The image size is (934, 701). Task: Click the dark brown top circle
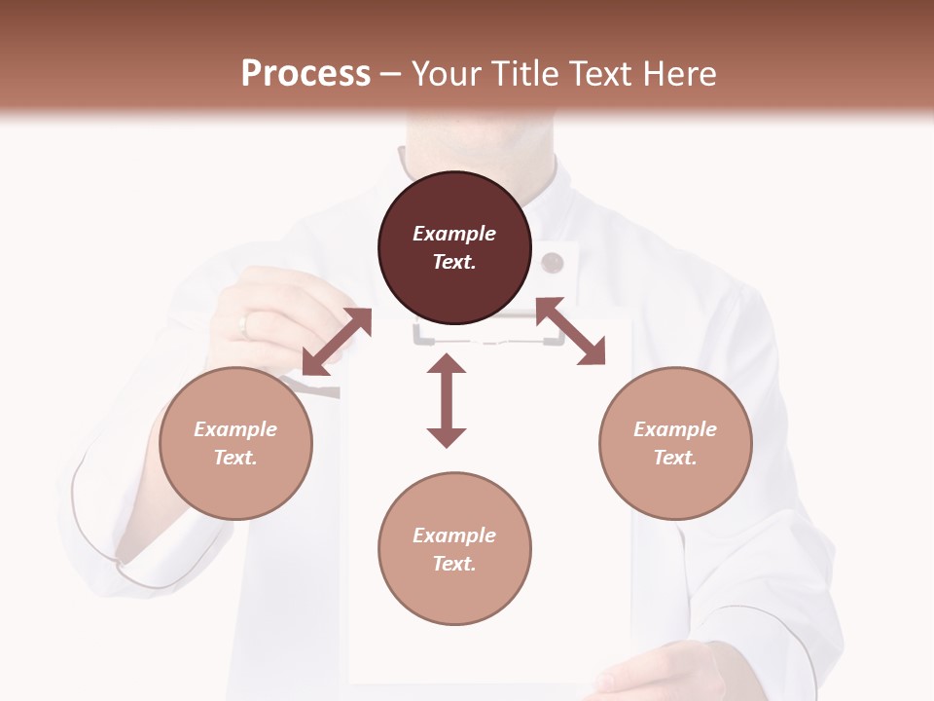pos(454,248)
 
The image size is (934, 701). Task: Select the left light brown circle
pos(235,443)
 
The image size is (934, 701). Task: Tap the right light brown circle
pos(675,443)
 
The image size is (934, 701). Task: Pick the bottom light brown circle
pos(454,549)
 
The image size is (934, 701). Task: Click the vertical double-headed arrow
pos(447,400)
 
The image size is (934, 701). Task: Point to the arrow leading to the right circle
pos(570,331)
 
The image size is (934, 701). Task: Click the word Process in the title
pos(305,73)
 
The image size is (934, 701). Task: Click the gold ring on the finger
pos(243,324)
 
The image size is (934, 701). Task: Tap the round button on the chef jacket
pos(553,262)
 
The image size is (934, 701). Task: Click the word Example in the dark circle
pos(454,234)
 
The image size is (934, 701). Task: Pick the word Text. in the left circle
pos(235,458)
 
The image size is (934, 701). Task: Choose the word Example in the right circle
pos(675,429)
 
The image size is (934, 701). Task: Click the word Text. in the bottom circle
pos(454,564)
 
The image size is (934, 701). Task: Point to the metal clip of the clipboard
pos(488,334)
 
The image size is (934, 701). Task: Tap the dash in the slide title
pos(391,74)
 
